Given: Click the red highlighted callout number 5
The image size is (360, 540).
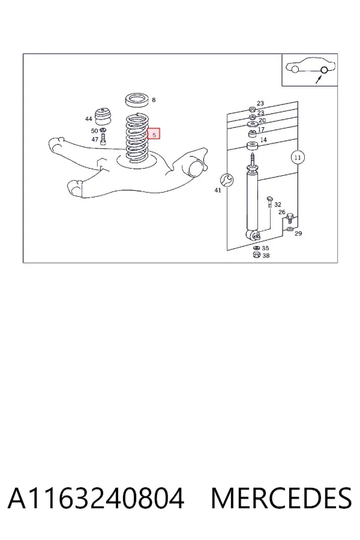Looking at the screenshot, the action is click(154, 134).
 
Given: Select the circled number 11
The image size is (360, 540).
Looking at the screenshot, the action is click(298, 157).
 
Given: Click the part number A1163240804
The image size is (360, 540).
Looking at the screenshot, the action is click(96, 498).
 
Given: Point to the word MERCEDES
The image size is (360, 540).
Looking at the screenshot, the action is click(281, 498).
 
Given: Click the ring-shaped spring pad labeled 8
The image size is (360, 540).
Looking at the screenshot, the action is click(137, 100).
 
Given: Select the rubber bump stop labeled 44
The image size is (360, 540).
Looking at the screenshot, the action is click(103, 117).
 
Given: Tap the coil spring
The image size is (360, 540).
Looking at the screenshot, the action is click(138, 138).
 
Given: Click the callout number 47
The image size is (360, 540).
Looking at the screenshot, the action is click(95, 139).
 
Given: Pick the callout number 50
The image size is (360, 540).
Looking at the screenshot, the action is click(94, 131).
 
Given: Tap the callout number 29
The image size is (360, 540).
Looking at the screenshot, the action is click(298, 233).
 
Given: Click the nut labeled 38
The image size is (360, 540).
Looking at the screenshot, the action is click(256, 255).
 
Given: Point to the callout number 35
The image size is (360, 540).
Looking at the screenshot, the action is click(265, 248).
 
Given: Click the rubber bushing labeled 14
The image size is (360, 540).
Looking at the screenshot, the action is click(253, 145).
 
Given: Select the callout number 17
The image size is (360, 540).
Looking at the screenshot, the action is click(261, 130).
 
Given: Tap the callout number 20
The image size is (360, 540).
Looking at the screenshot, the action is click(262, 120).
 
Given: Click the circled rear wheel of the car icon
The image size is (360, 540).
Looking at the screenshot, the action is click(324, 70).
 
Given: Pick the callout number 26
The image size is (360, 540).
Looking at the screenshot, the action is click(282, 212).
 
